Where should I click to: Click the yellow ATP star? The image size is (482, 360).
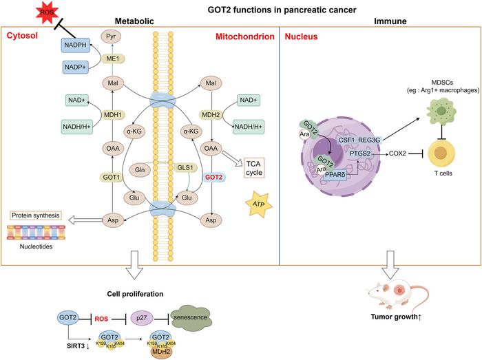click(x=256, y=204)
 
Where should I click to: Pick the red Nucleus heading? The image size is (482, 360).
click(x=304, y=34)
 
